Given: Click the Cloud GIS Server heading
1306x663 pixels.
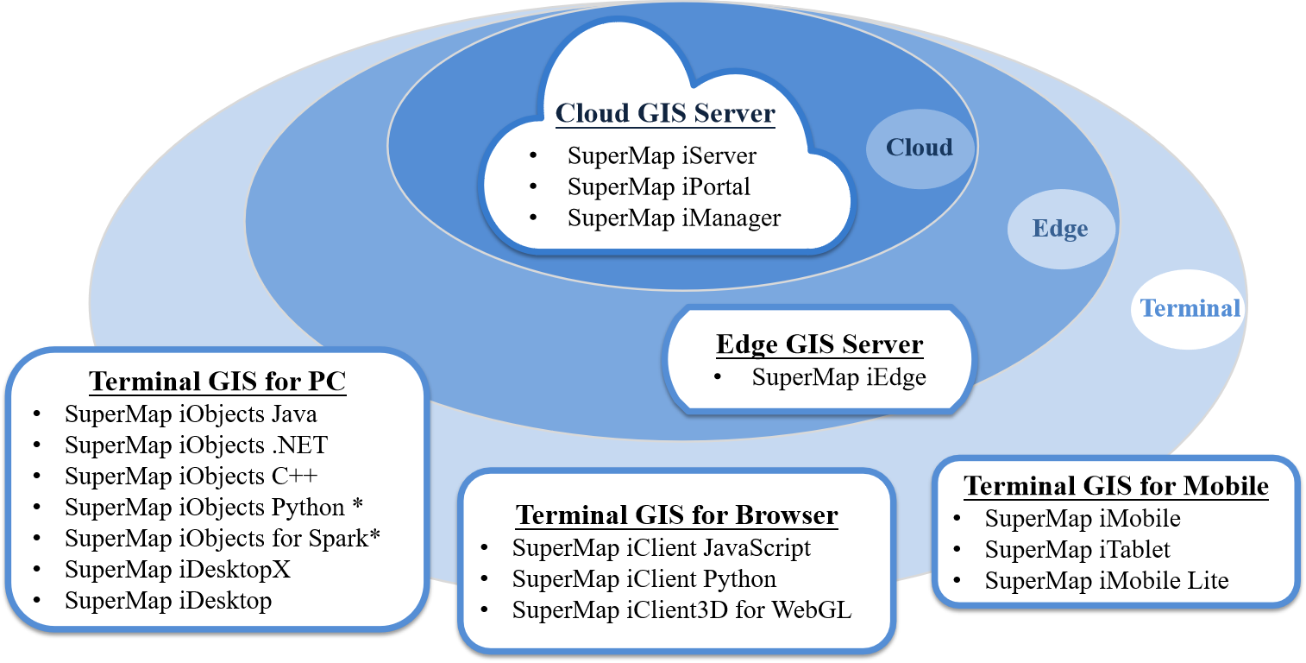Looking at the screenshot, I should click(665, 114).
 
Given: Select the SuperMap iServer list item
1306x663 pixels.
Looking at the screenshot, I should click(662, 156).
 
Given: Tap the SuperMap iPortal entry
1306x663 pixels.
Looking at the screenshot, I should click(658, 186).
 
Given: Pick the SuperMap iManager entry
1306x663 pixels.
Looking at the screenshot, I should click(674, 218).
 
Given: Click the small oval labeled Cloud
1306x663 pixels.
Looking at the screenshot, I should click(920, 148).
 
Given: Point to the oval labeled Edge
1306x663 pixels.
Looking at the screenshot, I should click(1060, 229).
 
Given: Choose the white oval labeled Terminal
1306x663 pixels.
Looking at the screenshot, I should click(1190, 308).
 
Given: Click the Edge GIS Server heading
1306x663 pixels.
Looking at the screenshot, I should click(819, 344).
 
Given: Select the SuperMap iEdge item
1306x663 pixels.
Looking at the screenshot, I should click(838, 377).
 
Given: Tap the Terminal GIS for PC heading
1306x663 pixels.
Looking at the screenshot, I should click(217, 382).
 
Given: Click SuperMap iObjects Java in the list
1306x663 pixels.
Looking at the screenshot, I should click(191, 414).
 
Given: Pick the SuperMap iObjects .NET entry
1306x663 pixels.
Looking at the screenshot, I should click(196, 445).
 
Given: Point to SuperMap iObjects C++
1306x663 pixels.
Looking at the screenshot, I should click(192, 477).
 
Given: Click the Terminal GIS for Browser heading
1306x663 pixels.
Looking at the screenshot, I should click(677, 516).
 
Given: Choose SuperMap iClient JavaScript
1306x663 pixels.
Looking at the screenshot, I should click(661, 548).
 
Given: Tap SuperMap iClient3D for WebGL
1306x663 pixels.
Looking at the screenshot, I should click(681, 610).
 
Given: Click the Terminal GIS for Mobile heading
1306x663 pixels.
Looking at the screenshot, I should click(1116, 486).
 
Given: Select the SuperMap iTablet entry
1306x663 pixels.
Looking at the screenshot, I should click(1077, 550).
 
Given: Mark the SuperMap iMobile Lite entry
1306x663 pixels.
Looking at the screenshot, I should click(1106, 581).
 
